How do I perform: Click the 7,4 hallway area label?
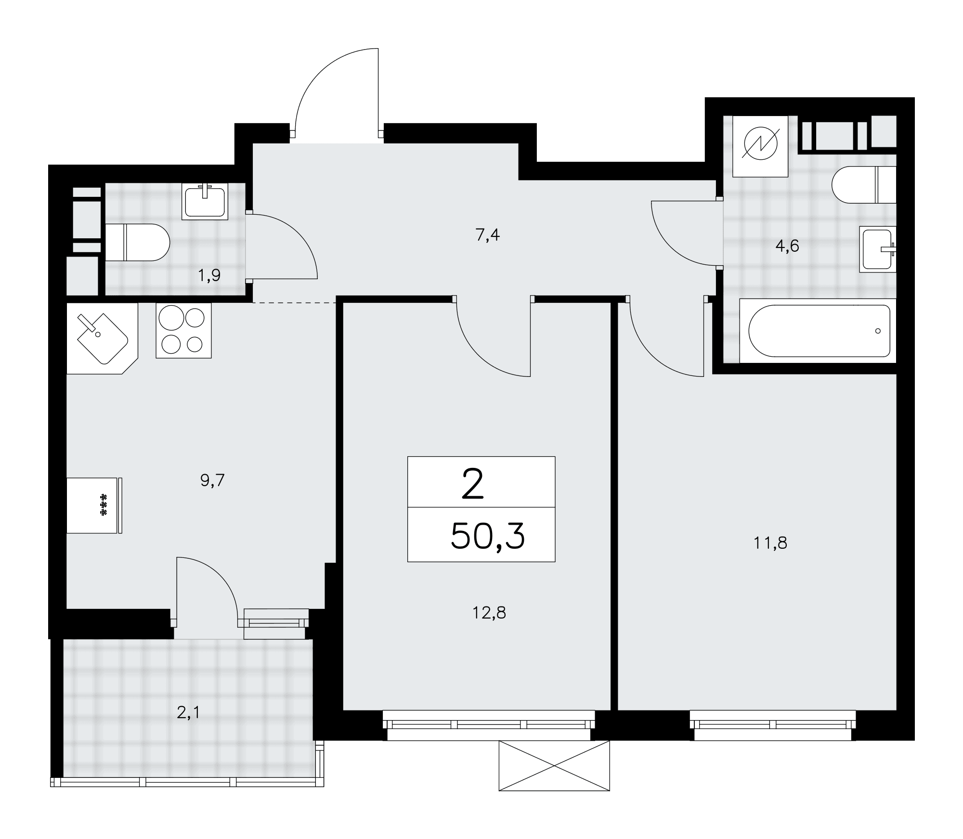488,236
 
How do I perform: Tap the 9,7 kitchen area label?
213,480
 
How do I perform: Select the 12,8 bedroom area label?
489,613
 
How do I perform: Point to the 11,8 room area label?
770,543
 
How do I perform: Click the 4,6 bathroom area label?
787,246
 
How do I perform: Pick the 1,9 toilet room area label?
209,275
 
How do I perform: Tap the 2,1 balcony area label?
188,713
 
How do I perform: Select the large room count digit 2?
472,485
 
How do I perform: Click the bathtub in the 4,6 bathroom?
818,331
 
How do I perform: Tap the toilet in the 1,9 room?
138,242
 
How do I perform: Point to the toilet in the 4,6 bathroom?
864,185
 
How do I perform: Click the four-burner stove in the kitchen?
184,330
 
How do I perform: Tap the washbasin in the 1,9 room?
205,202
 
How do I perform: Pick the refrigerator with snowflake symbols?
94,505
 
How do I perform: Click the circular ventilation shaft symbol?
761,145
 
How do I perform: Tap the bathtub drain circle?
878,331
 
